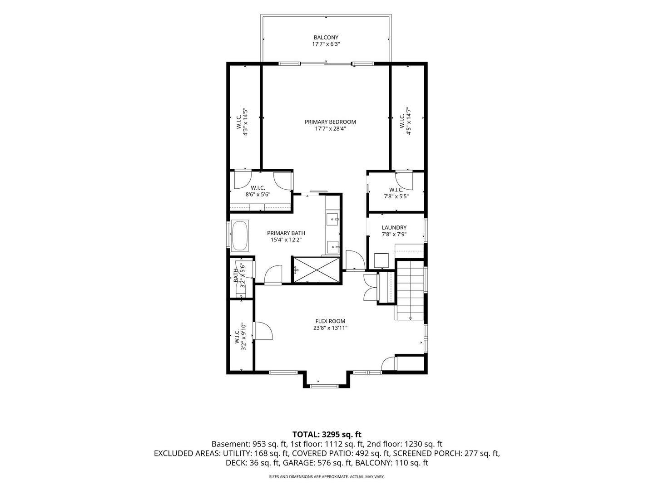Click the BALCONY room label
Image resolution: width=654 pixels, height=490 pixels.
coord(326,38)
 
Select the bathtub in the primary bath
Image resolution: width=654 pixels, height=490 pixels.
coord(240,236)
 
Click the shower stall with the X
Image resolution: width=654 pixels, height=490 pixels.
coord(317,270)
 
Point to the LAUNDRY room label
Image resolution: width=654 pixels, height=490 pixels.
coord(394,228)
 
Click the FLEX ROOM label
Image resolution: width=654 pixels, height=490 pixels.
coord(330,321)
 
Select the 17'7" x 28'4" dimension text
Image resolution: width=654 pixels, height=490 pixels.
coord(330,129)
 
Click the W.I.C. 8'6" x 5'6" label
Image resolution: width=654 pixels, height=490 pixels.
coord(258,191)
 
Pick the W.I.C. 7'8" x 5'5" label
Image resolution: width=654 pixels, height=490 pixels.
coord(396,193)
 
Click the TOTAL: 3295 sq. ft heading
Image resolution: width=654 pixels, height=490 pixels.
coord(327,434)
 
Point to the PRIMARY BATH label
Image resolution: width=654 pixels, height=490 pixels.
coord(286,233)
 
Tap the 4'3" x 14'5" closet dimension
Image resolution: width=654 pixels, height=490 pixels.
coord(246,122)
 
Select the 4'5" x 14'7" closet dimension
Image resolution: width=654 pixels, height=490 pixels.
coord(409,121)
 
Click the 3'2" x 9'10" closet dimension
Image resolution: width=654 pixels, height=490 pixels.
coord(244,337)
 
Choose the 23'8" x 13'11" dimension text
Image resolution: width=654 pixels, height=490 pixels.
coord(330,328)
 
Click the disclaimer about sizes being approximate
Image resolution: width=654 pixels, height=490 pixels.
coord(327,477)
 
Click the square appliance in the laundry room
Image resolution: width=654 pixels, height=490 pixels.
coord(381,260)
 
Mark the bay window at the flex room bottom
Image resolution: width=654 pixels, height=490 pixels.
coord(324,386)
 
